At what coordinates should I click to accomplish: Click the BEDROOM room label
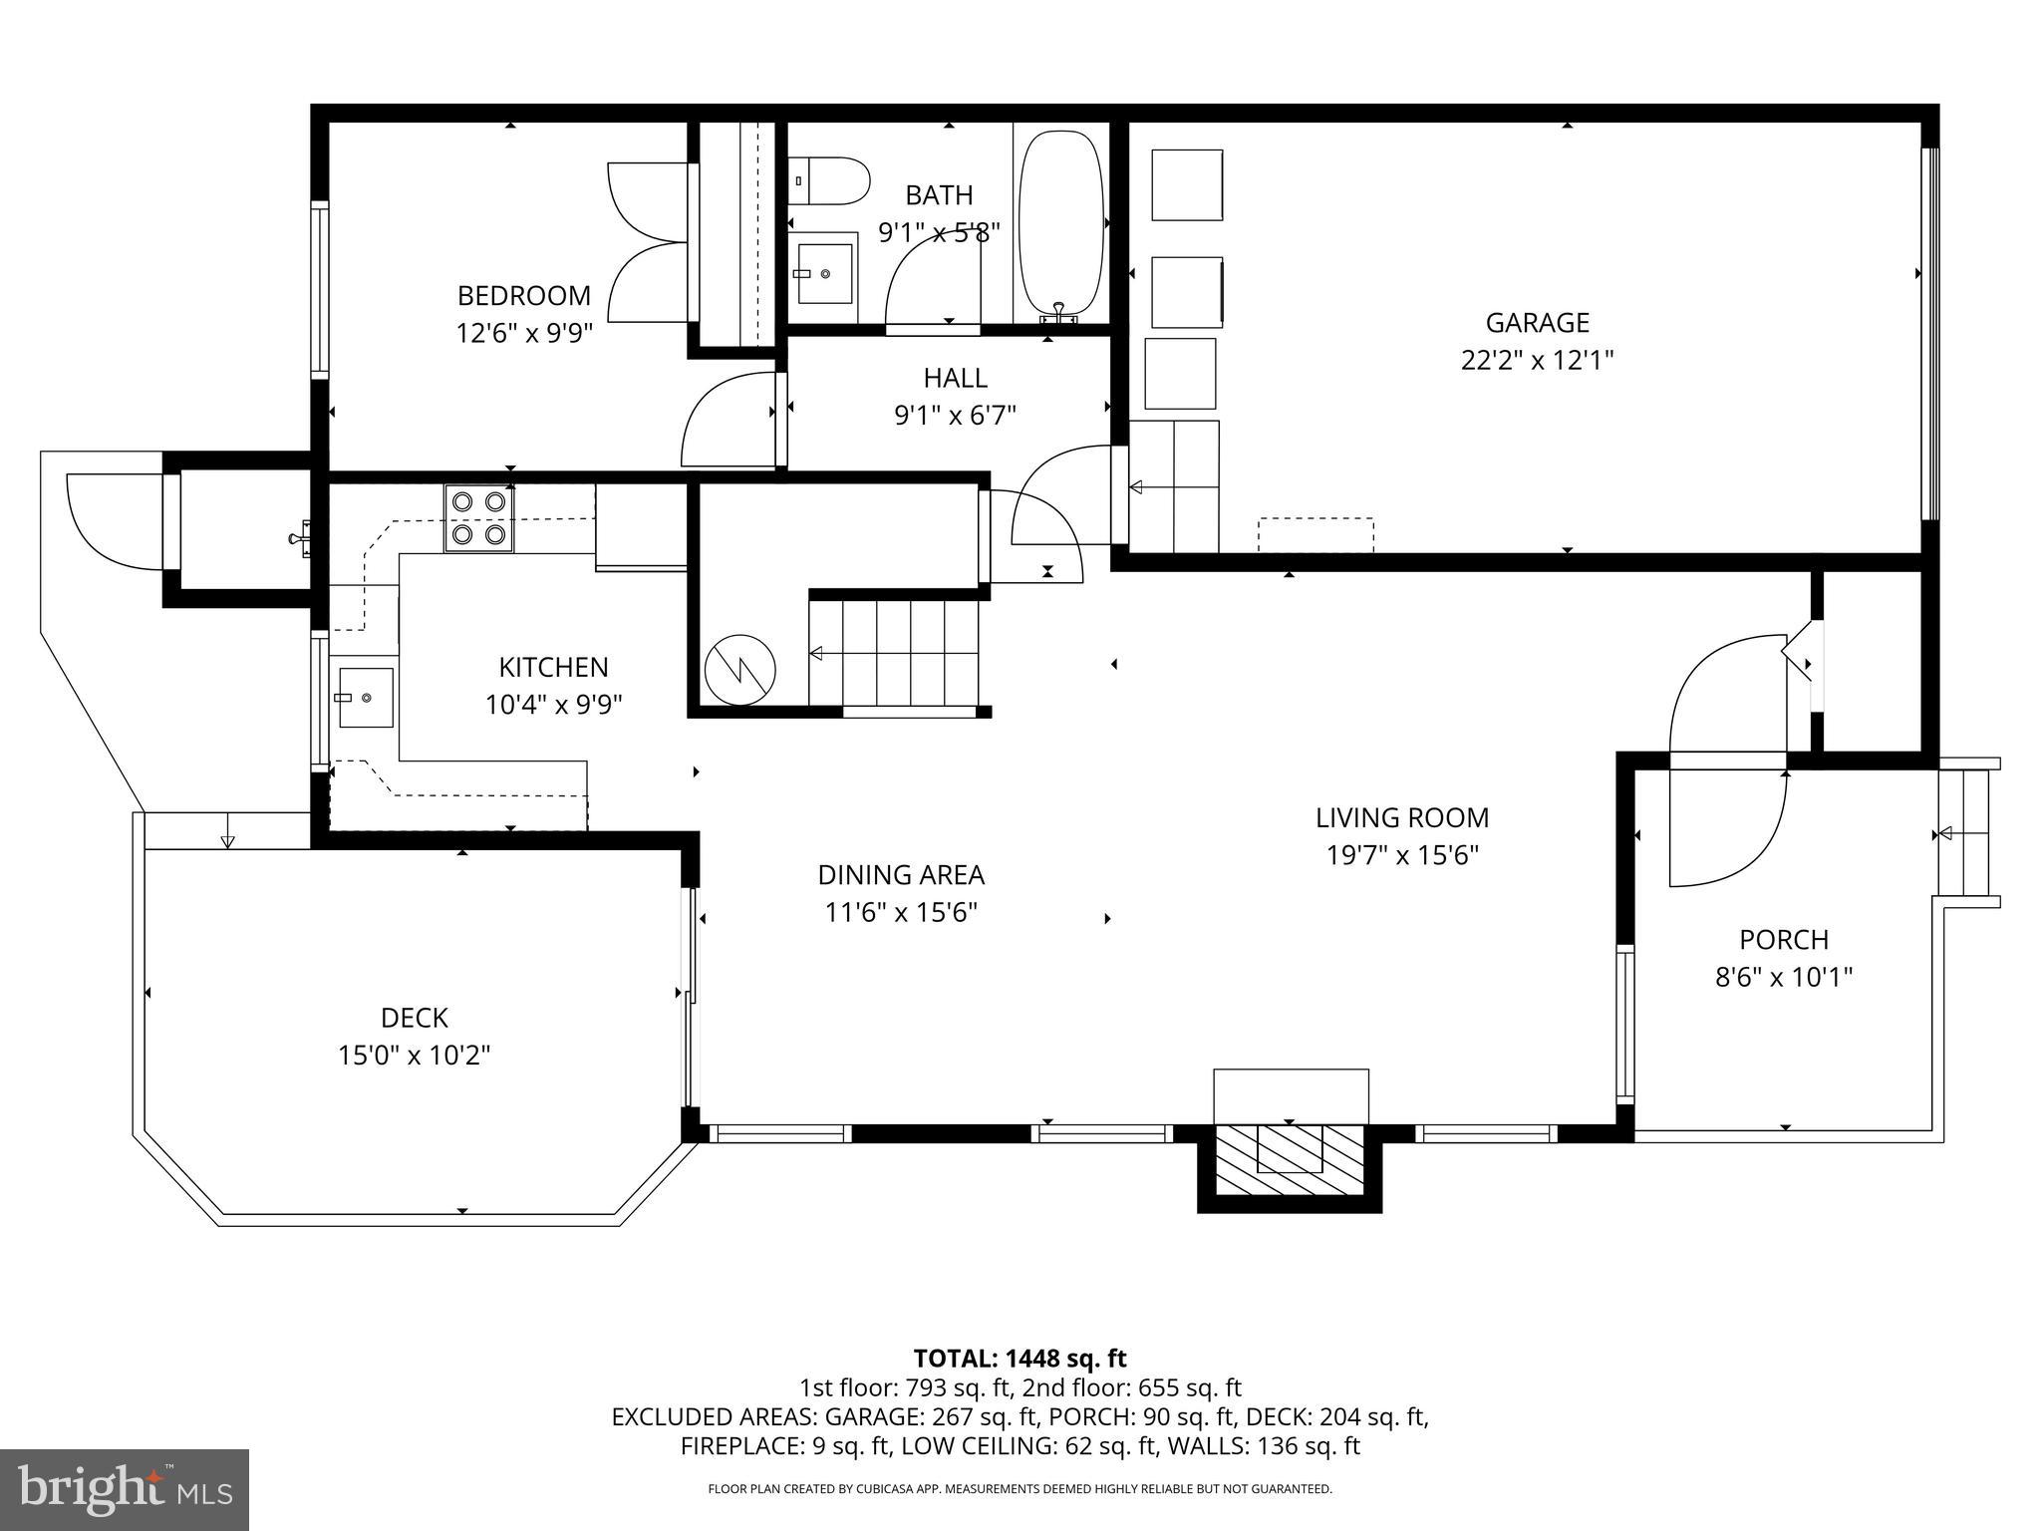(x=523, y=296)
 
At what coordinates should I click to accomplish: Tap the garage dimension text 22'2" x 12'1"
(x=1537, y=360)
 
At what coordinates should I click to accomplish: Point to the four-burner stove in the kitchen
(x=478, y=518)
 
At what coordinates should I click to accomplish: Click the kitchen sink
(x=364, y=698)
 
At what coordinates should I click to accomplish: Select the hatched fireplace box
(x=1289, y=1161)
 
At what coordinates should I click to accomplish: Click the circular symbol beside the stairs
(x=739, y=669)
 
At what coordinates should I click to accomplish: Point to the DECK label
(x=414, y=1018)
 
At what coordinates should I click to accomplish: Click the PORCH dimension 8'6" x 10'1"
(x=1783, y=977)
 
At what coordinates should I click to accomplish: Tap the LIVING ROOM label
(x=1401, y=818)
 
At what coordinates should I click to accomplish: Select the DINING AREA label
(x=901, y=875)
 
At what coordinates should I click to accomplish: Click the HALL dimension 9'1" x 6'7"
(x=955, y=415)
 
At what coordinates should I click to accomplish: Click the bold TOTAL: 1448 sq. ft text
(x=1020, y=1359)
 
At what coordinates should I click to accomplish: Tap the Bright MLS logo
(x=125, y=1489)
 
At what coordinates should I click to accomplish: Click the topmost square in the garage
(x=1187, y=185)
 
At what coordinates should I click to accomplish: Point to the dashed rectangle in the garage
(x=1315, y=534)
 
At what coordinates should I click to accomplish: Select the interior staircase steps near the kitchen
(x=894, y=653)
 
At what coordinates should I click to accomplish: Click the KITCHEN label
(x=553, y=667)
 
